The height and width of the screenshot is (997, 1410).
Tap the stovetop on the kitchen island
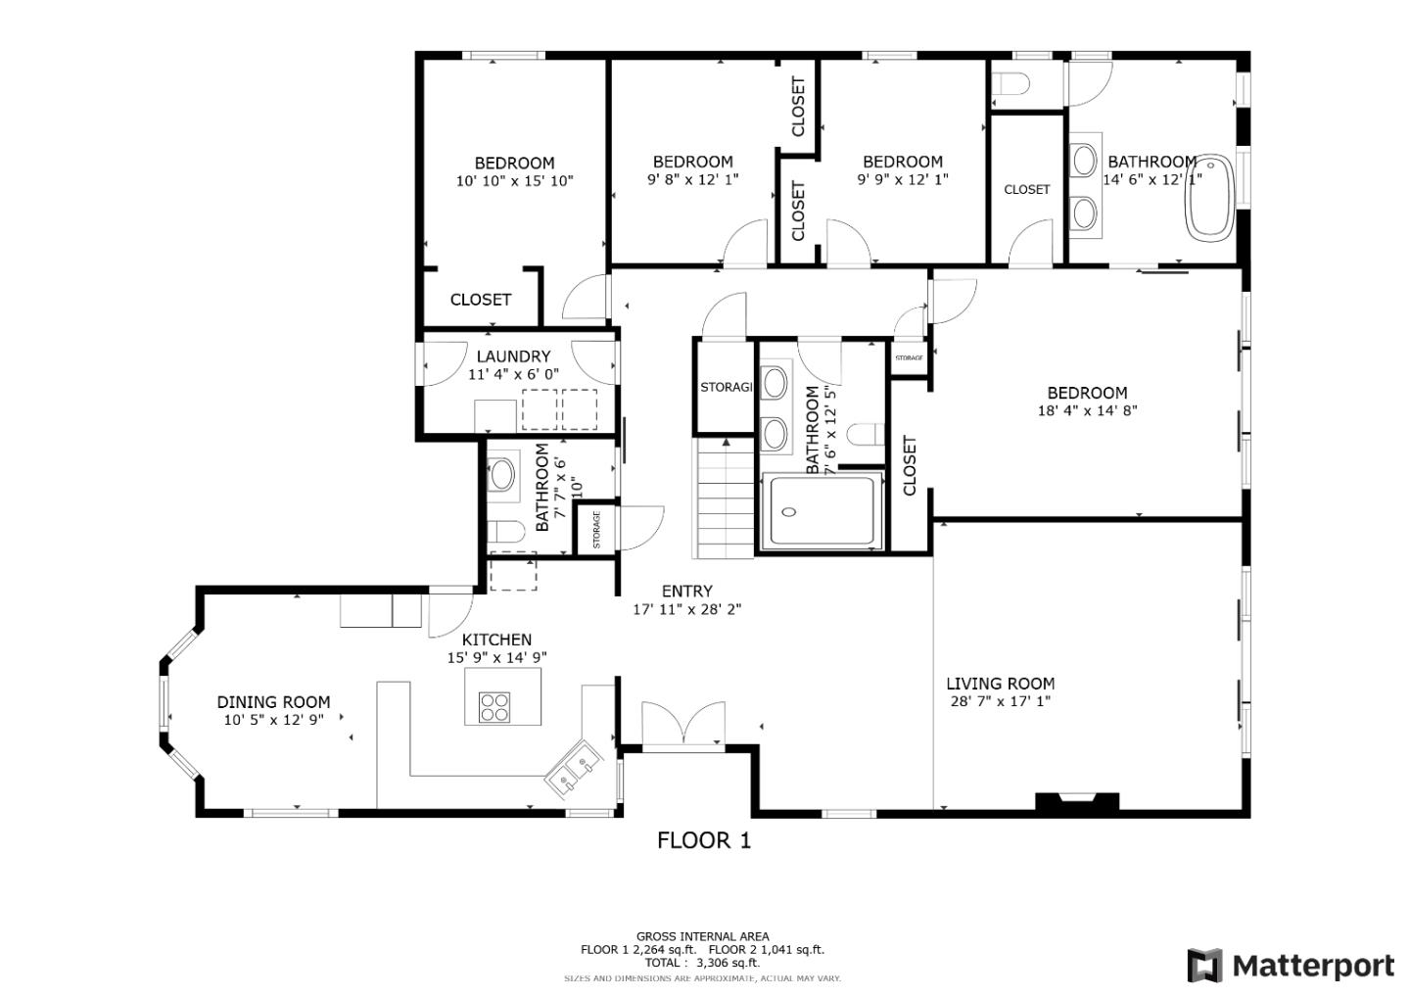493,706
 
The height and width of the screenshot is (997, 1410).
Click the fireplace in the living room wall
1077,802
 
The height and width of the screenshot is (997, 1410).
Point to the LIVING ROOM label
1000,684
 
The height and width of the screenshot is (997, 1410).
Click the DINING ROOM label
273,702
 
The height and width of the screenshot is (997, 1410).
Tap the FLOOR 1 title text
703,840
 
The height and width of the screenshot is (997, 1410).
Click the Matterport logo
1291,966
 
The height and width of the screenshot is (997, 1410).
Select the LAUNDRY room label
513,356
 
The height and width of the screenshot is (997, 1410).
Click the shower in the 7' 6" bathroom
823,510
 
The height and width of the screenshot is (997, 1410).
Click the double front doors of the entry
684,725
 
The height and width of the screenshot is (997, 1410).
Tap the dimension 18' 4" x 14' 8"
1087,411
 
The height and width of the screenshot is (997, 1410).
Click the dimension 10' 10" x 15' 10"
514,181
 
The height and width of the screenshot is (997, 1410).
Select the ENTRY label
686,591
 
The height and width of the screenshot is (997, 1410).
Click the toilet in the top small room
1008,85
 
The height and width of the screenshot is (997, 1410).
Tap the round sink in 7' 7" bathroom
501,475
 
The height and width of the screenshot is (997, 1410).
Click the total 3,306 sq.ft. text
702,963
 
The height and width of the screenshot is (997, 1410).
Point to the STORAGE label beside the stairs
726,388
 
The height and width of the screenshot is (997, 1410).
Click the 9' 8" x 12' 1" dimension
692,180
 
